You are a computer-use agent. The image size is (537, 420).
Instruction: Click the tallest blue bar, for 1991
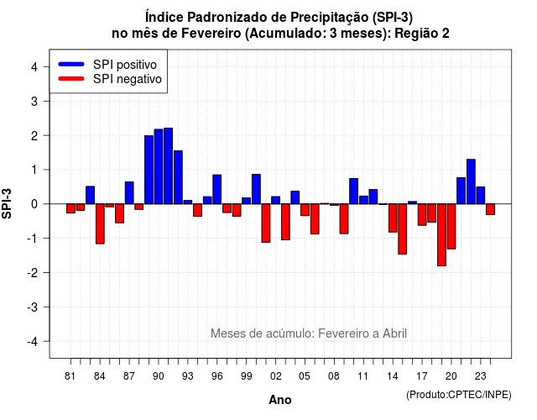click(168, 166)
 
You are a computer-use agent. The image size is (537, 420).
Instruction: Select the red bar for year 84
click(100, 224)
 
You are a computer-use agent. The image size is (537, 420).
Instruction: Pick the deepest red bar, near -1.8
click(442, 235)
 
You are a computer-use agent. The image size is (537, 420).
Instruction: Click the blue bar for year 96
click(217, 189)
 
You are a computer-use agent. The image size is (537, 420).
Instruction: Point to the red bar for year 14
click(393, 218)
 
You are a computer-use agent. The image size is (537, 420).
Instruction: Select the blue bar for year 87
click(129, 192)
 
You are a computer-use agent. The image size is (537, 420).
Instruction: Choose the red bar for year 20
click(451, 226)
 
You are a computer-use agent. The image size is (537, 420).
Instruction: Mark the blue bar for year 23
click(481, 196)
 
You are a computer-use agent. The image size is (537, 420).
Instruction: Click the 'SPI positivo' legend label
click(125, 65)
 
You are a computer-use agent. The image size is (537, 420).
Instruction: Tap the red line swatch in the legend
click(71, 79)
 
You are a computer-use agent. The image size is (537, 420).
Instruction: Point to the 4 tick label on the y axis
click(34, 67)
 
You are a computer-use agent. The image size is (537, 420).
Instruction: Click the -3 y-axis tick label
click(32, 307)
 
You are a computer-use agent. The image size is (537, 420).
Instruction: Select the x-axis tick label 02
click(276, 376)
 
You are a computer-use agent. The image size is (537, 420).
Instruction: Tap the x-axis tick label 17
click(422, 376)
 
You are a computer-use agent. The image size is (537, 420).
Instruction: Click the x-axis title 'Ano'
click(280, 400)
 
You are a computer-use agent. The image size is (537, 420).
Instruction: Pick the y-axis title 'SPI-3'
click(7, 203)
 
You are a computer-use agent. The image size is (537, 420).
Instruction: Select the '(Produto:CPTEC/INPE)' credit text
click(459, 395)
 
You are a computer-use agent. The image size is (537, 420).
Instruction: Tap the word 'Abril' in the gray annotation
click(394, 333)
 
